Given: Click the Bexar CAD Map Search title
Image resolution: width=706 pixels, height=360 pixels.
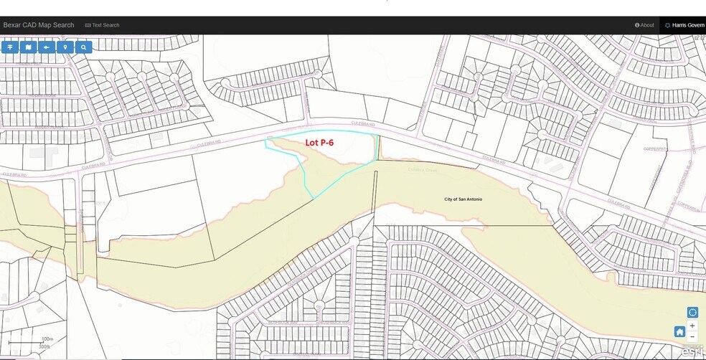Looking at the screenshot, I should [x=39, y=25].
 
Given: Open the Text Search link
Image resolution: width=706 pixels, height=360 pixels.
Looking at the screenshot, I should [x=102, y=25].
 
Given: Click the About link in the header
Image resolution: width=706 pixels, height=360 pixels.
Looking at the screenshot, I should [x=644, y=25].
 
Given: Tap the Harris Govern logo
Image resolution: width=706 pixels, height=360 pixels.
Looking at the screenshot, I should [x=684, y=25].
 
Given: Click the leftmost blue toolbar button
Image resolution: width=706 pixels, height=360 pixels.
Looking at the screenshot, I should [x=10, y=47].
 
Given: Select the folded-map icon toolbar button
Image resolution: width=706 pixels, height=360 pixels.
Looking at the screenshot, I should [x=28, y=47].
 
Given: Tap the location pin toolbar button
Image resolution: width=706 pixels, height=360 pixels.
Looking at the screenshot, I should [x=65, y=47].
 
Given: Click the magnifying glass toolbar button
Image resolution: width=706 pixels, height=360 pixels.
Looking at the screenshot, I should [x=84, y=47].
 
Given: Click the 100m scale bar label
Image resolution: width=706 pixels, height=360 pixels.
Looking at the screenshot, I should [x=48, y=338].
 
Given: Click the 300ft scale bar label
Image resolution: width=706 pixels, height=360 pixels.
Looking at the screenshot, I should [x=44, y=346].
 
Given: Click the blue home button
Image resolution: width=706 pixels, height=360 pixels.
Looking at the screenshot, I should [x=679, y=332].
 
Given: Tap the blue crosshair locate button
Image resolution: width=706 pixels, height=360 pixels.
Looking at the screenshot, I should [x=692, y=313].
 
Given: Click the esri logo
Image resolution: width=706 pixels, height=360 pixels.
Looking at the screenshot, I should [x=692, y=351].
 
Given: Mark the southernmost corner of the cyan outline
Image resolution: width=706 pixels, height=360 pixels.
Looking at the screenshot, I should [x=314, y=199].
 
